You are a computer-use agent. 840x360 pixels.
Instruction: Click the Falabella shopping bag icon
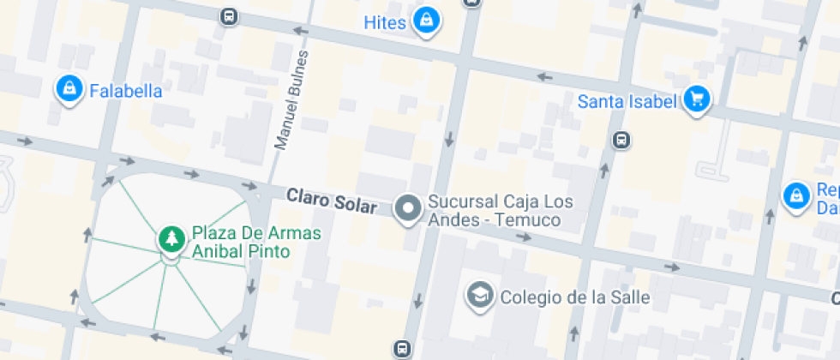[x=69, y=88]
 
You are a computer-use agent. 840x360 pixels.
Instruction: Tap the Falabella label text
[x=126, y=91]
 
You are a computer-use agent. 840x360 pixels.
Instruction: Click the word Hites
[x=384, y=22]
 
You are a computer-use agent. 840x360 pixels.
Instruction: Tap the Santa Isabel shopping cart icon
[x=697, y=99]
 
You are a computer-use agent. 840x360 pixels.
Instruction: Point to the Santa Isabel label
[x=627, y=102]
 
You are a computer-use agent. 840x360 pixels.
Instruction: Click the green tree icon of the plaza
[x=171, y=237]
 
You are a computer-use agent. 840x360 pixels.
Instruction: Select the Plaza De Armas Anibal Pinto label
[x=244, y=242]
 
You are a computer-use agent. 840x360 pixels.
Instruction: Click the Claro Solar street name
[x=332, y=201]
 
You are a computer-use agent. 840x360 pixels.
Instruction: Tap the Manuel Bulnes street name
[x=291, y=99]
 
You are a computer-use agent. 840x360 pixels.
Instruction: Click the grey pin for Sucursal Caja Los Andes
[x=408, y=207]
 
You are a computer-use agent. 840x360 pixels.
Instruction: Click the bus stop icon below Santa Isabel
[x=622, y=140]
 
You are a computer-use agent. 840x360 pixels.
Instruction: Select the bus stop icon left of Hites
[x=229, y=16]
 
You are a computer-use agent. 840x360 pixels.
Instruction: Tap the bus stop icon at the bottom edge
[x=401, y=348]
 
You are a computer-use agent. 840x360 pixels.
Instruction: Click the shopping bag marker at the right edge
[x=796, y=196]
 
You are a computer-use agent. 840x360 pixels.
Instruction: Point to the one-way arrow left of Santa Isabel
[x=543, y=77]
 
